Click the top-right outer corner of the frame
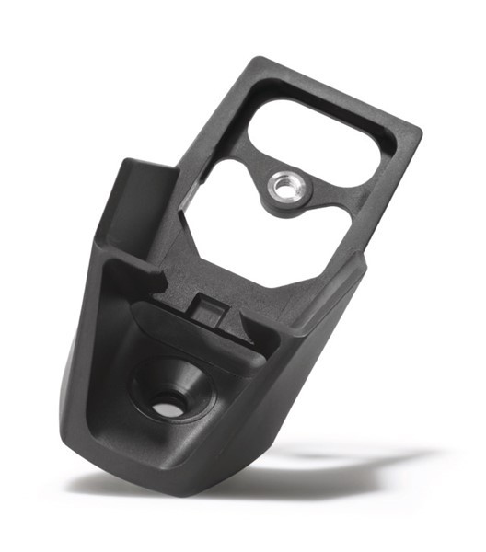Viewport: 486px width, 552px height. coord(419,129)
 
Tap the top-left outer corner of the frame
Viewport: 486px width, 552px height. coord(259,61)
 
